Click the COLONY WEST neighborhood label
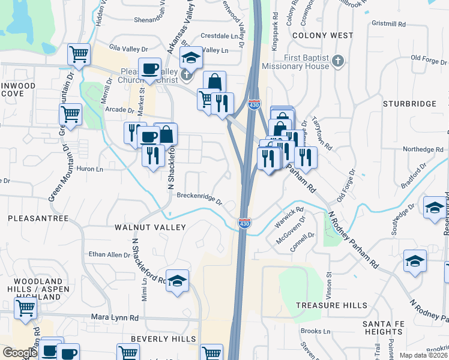pyautogui.click(x=322, y=35)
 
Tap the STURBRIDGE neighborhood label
pyautogui.click(x=409, y=104)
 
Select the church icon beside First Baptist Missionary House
pyautogui.click(x=338, y=61)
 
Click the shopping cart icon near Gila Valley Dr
pyautogui.click(x=79, y=55)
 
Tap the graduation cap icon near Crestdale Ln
pyautogui.click(x=191, y=58)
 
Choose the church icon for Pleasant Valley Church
pyautogui.click(x=187, y=76)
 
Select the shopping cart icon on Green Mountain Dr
pyautogui.click(x=71, y=113)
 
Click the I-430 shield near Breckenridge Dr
pyautogui.click(x=244, y=223)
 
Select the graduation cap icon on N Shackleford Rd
pyautogui.click(x=177, y=281)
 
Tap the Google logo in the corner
pyautogui.click(x=20, y=353)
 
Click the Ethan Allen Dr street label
pyautogui.click(x=110, y=254)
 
